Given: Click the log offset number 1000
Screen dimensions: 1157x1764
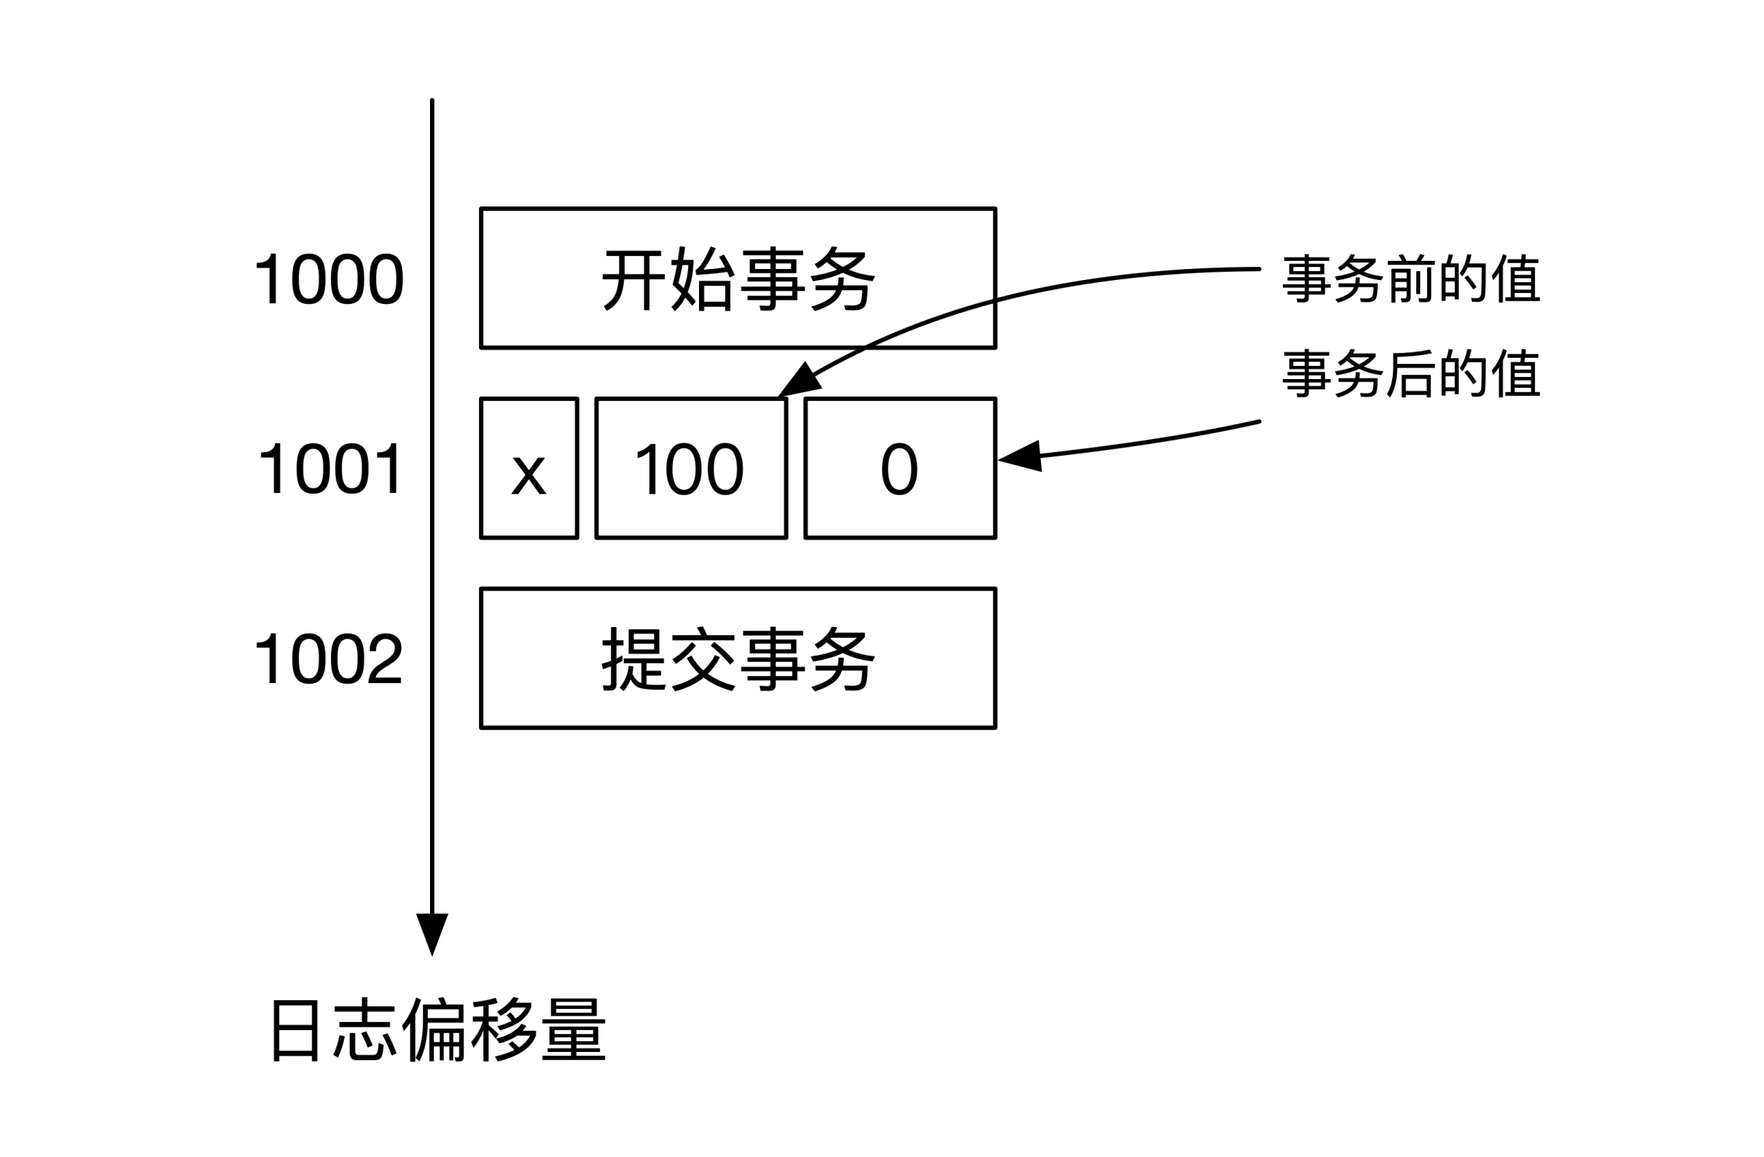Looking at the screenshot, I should click(x=328, y=279).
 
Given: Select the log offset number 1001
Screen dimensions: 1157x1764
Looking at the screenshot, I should click(x=329, y=469).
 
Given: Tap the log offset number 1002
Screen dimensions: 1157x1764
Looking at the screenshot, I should click(x=328, y=658).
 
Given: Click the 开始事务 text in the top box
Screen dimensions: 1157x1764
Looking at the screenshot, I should click(x=738, y=279).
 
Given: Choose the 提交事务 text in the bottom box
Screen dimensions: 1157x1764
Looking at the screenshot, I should click(x=738, y=658).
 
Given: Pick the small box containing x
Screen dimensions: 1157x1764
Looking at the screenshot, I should click(x=528, y=469).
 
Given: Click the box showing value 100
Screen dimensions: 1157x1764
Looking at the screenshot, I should click(x=690, y=469).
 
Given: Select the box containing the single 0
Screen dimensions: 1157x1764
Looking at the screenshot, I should click(x=899, y=469).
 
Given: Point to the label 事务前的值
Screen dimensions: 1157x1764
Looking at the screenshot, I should click(x=1411, y=278).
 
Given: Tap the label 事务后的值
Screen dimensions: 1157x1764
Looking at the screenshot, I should click(x=1411, y=373).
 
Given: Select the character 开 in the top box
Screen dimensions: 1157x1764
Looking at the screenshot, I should click(x=632, y=279).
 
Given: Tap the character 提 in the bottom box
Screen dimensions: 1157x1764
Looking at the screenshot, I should click(x=632, y=658).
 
